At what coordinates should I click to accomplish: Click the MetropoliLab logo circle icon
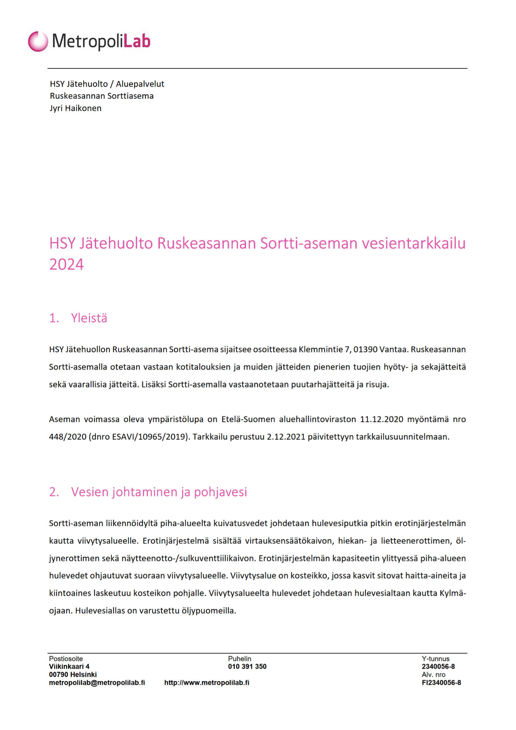pos(38,41)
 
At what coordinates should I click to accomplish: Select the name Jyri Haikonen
pos(76,108)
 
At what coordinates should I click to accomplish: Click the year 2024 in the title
pos(67,264)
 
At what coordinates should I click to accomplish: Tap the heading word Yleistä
pos(89,318)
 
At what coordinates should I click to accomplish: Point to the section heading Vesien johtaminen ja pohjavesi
pos(159,492)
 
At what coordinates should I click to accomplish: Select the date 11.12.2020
pos(381,419)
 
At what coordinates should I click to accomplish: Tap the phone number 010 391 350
pos(247,666)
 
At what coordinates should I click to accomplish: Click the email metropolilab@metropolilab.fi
pos(97,683)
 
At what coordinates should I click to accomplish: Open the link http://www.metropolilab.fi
pos(206,683)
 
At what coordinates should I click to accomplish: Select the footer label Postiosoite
pos(66,659)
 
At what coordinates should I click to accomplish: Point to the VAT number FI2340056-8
pos(441,683)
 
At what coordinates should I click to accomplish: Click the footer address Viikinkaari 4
pos(69,666)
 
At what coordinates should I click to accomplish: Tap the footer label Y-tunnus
pos(435,659)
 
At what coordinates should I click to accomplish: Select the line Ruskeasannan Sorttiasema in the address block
pos(102,96)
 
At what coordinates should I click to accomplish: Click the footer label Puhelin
pos(239,659)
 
